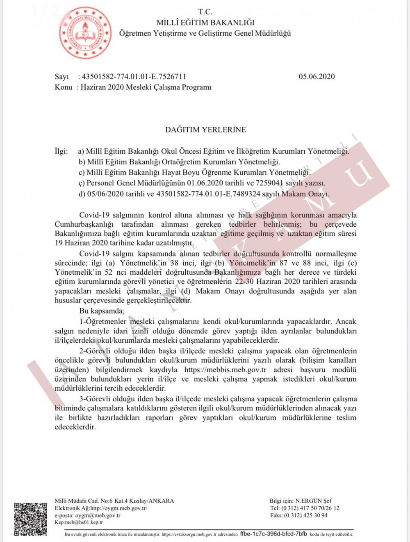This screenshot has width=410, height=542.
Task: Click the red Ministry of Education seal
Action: (85, 33)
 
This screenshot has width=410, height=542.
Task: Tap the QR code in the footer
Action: (30, 519)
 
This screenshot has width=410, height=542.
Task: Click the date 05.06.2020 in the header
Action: (317, 76)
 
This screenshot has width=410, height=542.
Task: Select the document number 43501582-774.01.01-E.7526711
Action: (134, 76)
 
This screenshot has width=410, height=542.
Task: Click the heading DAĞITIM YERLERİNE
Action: (205, 130)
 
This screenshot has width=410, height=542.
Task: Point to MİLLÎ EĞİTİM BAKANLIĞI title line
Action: (205, 23)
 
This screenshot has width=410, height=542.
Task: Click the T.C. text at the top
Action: (205, 12)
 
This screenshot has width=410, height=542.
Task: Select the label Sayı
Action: (61, 76)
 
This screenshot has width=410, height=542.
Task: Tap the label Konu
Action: (63, 87)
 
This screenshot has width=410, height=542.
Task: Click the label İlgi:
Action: (61, 151)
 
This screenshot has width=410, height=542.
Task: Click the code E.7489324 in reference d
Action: (245, 194)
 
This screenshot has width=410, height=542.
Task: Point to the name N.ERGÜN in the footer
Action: (308, 501)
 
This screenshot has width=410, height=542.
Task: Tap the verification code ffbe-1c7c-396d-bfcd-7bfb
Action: (273, 534)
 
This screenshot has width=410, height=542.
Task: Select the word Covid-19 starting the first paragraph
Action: (92, 215)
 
